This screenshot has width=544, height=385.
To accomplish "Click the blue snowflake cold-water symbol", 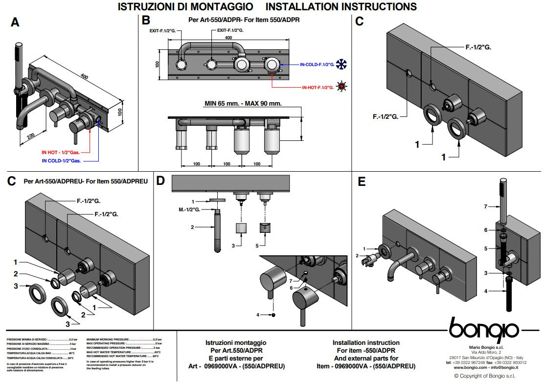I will coord(341,64).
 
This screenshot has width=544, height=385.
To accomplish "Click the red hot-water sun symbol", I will coord(341,87).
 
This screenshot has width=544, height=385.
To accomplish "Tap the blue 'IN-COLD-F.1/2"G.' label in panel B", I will coord(317,64).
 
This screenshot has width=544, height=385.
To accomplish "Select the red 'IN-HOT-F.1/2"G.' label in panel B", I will coord(317,88).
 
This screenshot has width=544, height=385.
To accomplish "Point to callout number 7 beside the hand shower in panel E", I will coord(485,206).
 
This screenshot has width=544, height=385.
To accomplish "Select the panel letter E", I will coord(362,182).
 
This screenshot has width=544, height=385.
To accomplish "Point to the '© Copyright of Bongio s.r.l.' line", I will coord(484,376).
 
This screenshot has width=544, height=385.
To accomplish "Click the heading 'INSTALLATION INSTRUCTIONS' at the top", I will coord(341,7).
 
